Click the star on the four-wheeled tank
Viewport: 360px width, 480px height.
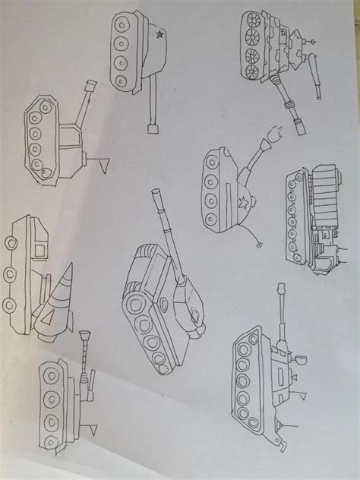click(x=159, y=35)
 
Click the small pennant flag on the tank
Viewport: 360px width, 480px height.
click(x=104, y=160)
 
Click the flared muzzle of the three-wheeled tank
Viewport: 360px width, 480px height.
click(x=84, y=335)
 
